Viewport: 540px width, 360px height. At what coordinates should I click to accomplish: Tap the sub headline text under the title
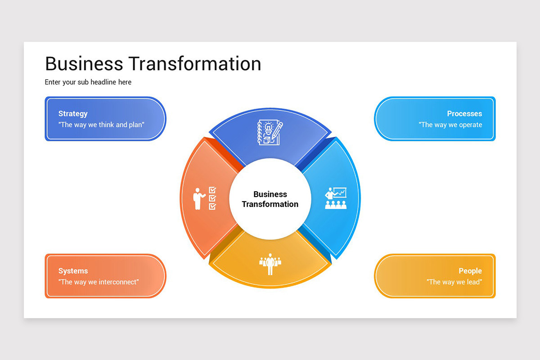click(x=88, y=82)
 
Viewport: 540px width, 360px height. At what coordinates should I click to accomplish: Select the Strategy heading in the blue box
click(x=73, y=114)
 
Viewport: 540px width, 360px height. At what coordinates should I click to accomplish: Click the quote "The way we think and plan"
click(x=101, y=125)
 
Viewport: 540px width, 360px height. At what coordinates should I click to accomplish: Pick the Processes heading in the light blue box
click(x=464, y=114)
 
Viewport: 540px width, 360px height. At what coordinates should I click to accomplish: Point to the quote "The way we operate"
click(x=450, y=125)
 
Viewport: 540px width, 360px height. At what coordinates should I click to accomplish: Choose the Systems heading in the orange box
click(x=73, y=271)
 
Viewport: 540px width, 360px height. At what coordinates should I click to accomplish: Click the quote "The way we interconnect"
click(x=99, y=282)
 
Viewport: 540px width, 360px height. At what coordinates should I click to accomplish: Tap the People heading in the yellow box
click(x=470, y=271)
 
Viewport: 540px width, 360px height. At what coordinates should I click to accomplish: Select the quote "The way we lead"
click(x=454, y=282)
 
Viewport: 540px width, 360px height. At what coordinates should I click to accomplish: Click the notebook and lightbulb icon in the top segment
click(x=270, y=133)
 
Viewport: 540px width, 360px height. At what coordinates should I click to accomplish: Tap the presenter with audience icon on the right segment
click(x=336, y=198)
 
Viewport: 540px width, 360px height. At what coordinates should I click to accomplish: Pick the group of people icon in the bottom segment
click(x=270, y=264)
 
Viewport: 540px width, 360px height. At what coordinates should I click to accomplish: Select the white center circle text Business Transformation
click(x=270, y=199)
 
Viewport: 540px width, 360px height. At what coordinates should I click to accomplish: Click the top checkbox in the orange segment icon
click(x=212, y=190)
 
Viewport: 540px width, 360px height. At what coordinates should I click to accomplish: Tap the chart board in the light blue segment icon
click(x=340, y=193)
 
